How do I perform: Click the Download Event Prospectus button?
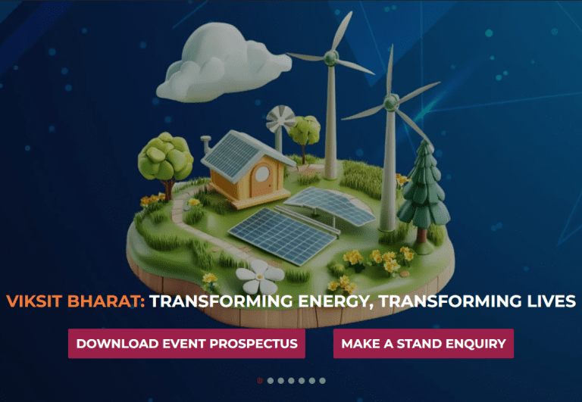(186, 343)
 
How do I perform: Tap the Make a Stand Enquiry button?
(423, 343)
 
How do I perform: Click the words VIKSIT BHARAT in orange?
(75, 301)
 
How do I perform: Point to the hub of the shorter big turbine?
(390, 101)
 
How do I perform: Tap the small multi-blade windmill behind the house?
(281, 119)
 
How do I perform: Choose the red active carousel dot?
(261, 380)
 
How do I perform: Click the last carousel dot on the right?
(322, 380)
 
